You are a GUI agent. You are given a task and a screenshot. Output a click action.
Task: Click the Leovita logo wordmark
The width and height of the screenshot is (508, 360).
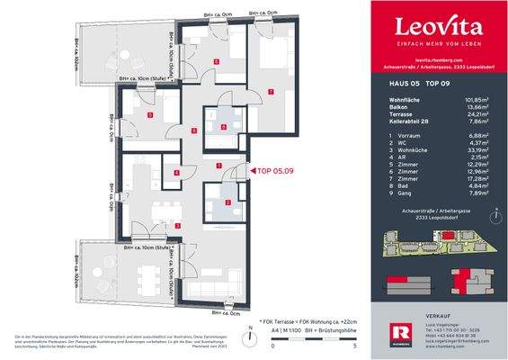pyautogui.click(x=428, y=24)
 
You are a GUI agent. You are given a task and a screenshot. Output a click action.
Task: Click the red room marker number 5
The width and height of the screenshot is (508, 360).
pyautogui.click(x=151, y=116)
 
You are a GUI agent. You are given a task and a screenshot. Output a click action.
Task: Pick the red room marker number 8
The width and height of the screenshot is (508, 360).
pyautogui.click(x=223, y=128)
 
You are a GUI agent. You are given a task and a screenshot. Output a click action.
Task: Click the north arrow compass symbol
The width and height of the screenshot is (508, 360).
pyautogui.click(x=494, y=217)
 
